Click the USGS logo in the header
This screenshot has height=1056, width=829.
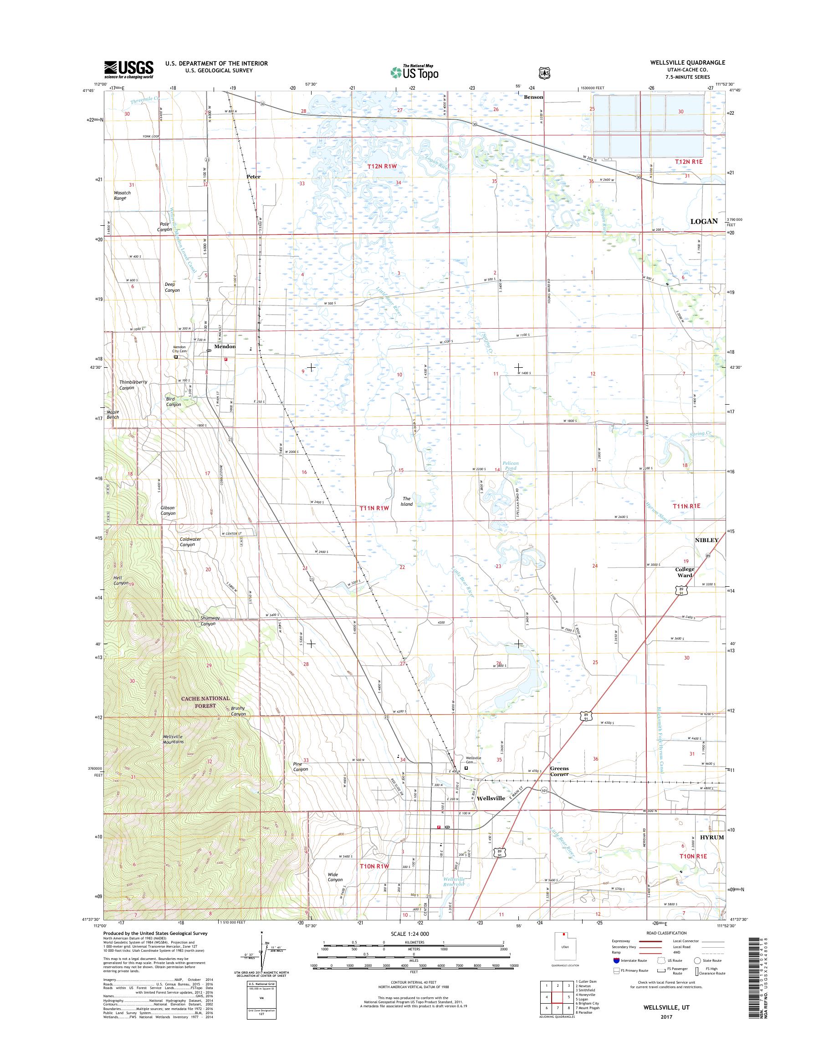(x=128, y=69)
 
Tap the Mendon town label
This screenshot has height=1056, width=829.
(x=225, y=346)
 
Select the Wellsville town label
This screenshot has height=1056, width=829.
(x=491, y=798)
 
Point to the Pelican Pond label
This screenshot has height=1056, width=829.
(x=510, y=466)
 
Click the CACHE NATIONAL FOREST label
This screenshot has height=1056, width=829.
(x=205, y=701)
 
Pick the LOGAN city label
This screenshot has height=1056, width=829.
(x=704, y=221)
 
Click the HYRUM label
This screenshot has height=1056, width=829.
(x=711, y=838)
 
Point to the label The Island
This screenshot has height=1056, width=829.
(x=406, y=501)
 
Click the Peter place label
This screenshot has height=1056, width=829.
(x=253, y=177)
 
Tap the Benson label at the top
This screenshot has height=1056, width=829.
(x=533, y=97)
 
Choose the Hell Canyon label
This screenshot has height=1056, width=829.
(x=121, y=580)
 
